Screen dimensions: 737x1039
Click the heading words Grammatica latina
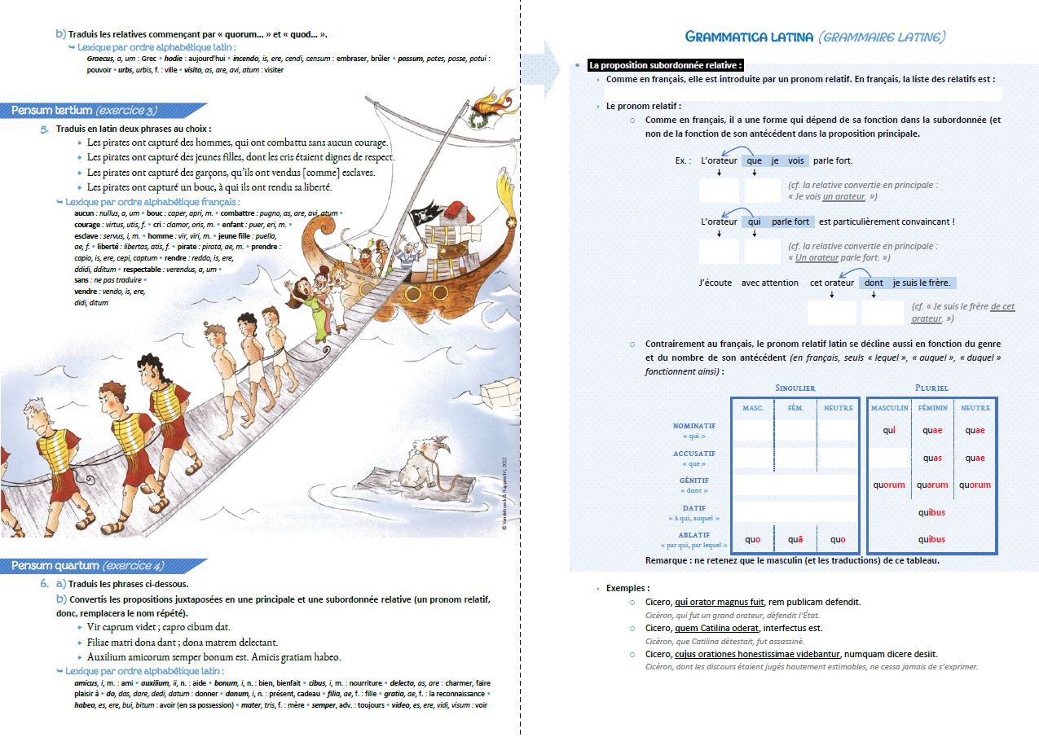749,37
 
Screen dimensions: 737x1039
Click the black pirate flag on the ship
425,215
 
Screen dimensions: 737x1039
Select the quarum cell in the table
932,485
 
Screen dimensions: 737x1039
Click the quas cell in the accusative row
932,458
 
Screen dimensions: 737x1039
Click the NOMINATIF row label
693,426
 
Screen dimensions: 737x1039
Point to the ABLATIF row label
693,535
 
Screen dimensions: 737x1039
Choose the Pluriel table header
931,388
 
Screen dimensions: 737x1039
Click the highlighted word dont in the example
873,283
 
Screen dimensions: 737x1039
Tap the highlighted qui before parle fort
754,222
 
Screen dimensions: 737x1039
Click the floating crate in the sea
500,394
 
